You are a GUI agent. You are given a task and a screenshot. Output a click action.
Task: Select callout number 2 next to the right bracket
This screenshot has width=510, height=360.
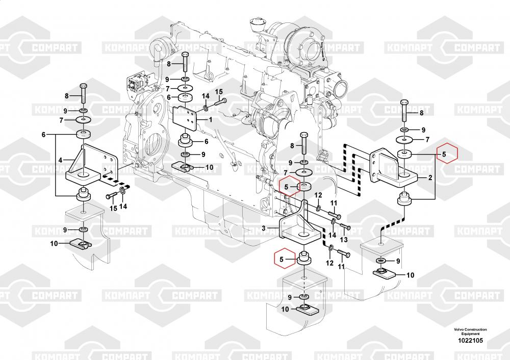[430, 178]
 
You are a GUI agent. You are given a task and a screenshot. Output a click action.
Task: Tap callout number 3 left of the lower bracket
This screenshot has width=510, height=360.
[264, 228]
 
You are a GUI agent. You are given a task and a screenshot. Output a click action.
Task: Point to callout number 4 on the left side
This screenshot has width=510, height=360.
[60, 160]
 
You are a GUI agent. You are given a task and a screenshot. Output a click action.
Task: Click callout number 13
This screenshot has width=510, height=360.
[343, 240]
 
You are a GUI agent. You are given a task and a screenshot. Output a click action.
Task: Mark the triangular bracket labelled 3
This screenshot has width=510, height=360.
[301, 224]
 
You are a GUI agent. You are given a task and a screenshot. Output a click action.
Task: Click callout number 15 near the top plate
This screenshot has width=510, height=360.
[219, 92]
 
